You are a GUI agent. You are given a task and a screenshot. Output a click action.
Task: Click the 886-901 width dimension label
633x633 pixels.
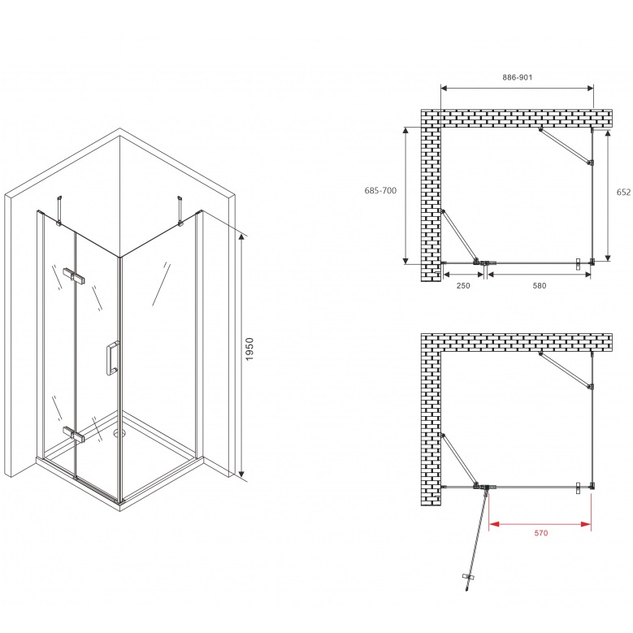[x=517, y=77]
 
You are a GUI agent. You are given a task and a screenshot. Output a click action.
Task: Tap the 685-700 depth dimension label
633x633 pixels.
[x=380, y=190]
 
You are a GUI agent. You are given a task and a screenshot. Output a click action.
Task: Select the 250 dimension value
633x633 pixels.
[x=463, y=285]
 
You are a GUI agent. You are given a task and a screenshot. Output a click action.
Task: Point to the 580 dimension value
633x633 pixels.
[x=540, y=285]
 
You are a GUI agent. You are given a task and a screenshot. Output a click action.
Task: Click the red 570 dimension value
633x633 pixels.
[x=541, y=533]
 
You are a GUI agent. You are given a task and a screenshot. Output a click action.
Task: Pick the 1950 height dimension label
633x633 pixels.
[x=249, y=349]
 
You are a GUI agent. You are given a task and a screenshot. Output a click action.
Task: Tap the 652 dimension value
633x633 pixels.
[x=624, y=193]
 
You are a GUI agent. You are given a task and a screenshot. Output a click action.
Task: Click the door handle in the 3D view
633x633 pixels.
[x=112, y=358]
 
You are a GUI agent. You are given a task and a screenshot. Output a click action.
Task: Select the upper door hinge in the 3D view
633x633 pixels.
[x=74, y=275]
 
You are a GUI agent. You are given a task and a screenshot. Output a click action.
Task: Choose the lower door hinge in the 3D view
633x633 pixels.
[x=74, y=434]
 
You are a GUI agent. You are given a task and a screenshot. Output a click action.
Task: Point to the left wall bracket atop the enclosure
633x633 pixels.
[x=60, y=210]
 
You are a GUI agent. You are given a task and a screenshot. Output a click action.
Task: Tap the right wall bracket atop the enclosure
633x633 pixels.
[x=180, y=210]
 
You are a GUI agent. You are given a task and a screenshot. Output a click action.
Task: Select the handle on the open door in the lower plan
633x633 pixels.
[x=468, y=577]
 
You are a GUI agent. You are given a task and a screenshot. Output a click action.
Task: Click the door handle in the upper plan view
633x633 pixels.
[x=579, y=263]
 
